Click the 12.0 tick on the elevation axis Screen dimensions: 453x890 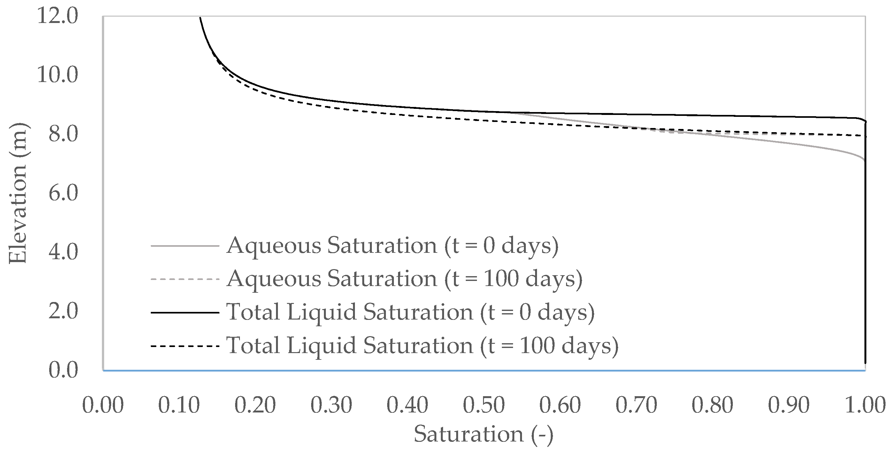[x=58, y=16]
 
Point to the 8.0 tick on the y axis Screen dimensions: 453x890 [x=63, y=134]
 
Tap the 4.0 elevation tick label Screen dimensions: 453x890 [x=63, y=252]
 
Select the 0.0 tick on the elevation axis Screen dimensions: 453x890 [x=63, y=370]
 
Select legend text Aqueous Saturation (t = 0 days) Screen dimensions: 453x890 [x=392, y=246]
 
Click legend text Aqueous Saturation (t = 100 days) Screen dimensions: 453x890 [x=404, y=279]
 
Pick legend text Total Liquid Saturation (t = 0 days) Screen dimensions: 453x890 [x=410, y=313]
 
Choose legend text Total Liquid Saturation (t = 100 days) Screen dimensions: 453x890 [x=422, y=346]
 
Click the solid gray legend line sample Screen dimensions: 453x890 [x=185, y=246]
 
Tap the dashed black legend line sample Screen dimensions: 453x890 [x=185, y=346]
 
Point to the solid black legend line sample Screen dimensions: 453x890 [x=185, y=313]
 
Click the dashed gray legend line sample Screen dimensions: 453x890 [x=185, y=279]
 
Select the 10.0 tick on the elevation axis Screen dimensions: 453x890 [x=58, y=75]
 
